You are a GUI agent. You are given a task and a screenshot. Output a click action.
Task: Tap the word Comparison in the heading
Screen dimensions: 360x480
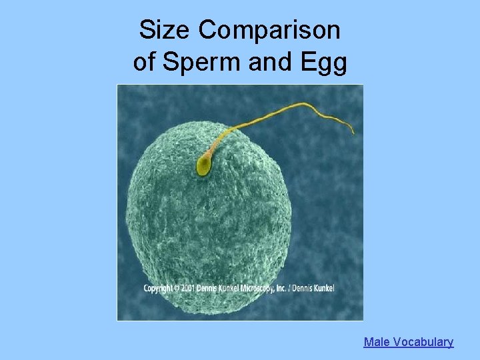(x=269, y=31)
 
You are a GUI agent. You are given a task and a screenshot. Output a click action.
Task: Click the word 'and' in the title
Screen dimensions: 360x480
(x=265, y=62)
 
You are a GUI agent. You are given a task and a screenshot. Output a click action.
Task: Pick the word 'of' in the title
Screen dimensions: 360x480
(x=145, y=62)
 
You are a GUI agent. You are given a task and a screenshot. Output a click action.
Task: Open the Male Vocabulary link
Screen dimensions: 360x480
(x=408, y=342)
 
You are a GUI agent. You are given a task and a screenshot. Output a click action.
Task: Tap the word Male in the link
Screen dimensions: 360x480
(x=377, y=342)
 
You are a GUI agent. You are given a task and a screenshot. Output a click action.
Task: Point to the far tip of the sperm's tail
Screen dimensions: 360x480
(x=353, y=132)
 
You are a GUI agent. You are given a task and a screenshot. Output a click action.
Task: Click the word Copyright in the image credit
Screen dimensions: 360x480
(x=159, y=288)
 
